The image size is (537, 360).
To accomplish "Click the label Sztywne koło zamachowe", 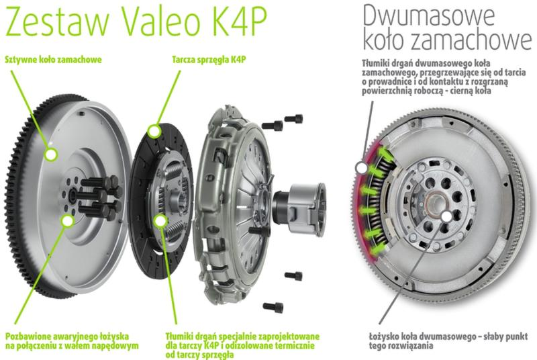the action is click(x=54, y=60).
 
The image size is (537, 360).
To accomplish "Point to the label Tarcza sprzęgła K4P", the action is click(x=209, y=60).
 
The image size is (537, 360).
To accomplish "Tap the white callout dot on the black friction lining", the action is click(x=154, y=131).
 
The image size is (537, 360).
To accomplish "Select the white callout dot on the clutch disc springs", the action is click(x=160, y=221).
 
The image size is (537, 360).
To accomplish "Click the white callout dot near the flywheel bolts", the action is click(x=68, y=221).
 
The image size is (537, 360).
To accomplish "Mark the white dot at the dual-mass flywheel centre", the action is click(x=446, y=216).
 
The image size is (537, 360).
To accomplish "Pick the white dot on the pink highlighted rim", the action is click(x=361, y=168).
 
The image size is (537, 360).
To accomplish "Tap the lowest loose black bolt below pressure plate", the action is click(x=273, y=307).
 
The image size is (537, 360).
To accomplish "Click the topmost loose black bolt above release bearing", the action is click(x=294, y=118).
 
